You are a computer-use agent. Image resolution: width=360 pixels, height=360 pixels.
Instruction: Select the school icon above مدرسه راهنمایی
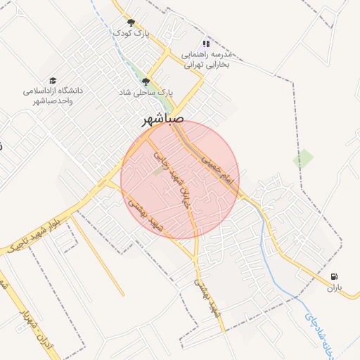tap(205, 43)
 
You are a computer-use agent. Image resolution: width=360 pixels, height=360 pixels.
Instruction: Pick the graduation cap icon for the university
tap(53, 81)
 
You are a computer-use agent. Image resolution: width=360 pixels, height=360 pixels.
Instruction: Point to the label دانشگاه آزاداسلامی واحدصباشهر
tap(53, 96)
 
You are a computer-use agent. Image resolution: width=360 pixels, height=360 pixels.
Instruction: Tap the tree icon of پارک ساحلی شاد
tap(146, 82)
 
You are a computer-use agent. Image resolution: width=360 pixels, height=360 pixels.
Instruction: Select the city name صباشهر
tap(163, 120)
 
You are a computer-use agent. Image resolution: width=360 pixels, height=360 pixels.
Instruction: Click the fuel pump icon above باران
tap(333, 276)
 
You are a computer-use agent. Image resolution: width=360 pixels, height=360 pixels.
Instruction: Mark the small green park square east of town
tap(304, 159)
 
